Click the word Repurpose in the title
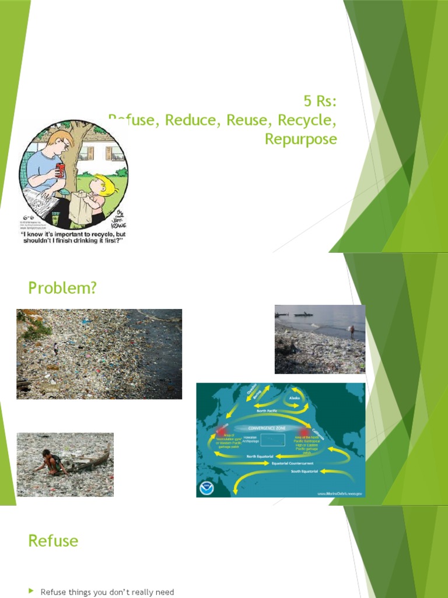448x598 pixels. pos(300,139)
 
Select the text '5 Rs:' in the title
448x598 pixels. pos(320,102)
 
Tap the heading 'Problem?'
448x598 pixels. pos(62,287)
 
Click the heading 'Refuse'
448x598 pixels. pos(53,541)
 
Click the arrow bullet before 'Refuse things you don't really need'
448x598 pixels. pos(32,592)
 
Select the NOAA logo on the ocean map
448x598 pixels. pos(207,488)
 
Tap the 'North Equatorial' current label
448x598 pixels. pos(260,456)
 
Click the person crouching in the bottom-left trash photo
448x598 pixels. pos(51,461)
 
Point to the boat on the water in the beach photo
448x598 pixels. pos(303,315)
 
